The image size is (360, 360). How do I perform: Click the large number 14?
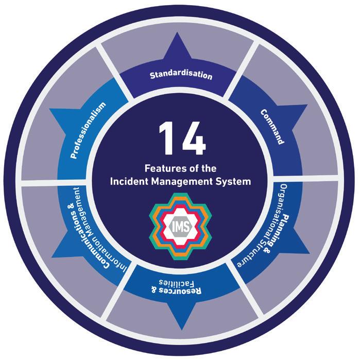pyautogui.click(x=180, y=139)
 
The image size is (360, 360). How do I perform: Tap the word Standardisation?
pyautogui.click(x=181, y=75)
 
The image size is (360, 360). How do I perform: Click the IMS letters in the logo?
pyautogui.click(x=180, y=225)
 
